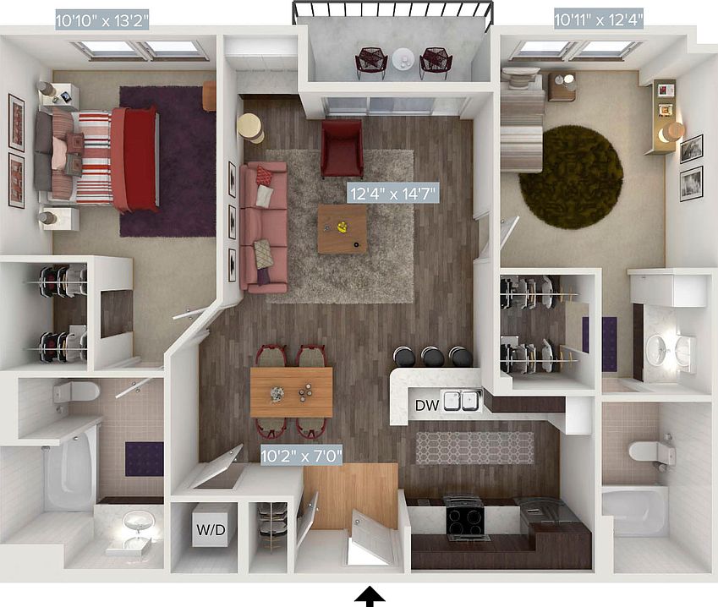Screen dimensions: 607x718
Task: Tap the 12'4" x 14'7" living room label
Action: click(394, 194)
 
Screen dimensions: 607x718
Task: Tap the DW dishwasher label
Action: click(426, 405)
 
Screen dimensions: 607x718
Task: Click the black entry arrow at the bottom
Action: click(369, 598)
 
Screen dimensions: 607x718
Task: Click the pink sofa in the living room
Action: click(263, 224)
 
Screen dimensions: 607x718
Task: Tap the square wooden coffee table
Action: click(343, 229)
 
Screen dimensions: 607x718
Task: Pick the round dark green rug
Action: click(571, 178)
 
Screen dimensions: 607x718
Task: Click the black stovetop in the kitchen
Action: click(464, 516)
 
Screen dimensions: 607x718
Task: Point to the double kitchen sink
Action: click(462, 400)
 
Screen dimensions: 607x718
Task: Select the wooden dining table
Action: click(291, 392)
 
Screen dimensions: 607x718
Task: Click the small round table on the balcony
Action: click(403, 60)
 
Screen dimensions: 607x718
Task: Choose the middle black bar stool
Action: click(433, 357)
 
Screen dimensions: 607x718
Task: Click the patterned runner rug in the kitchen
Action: click(474, 448)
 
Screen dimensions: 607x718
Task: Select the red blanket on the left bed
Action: click(134, 158)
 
